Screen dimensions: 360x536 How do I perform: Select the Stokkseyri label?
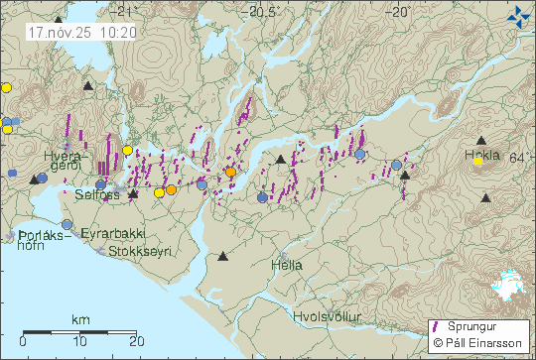coord(137,252)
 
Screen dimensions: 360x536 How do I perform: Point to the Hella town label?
coord(287,266)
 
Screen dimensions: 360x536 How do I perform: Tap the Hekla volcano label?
coord(482,156)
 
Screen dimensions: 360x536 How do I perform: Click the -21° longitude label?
coord(122,13)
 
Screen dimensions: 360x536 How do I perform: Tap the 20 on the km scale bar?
coord(136,340)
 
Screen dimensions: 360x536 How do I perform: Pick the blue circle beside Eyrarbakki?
coord(67,225)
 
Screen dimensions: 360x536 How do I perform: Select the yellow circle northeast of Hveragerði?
coord(127,151)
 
